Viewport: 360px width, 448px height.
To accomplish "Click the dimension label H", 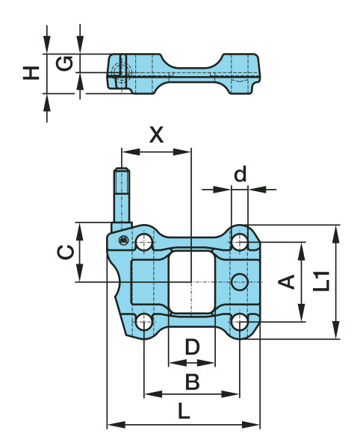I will (30, 72).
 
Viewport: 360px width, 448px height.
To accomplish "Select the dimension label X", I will (156, 135).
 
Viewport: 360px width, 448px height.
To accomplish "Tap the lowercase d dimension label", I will (240, 175).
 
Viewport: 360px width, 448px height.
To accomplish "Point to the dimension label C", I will (66, 252).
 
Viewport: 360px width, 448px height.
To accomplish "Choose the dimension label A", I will (286, 281).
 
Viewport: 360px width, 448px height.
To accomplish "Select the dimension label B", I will (192, 382).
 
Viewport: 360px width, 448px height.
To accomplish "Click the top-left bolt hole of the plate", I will (143, 242).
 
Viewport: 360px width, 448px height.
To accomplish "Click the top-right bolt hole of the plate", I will (239, 242).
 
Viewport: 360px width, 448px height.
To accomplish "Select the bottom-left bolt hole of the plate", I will (143, 322).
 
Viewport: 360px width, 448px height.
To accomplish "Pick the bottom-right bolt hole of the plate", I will (239, 322).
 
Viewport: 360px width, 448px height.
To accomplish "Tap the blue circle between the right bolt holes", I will (239, 281).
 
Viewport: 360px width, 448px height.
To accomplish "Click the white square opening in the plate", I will (191, 281).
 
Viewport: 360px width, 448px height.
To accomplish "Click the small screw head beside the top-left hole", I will (122, 240).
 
